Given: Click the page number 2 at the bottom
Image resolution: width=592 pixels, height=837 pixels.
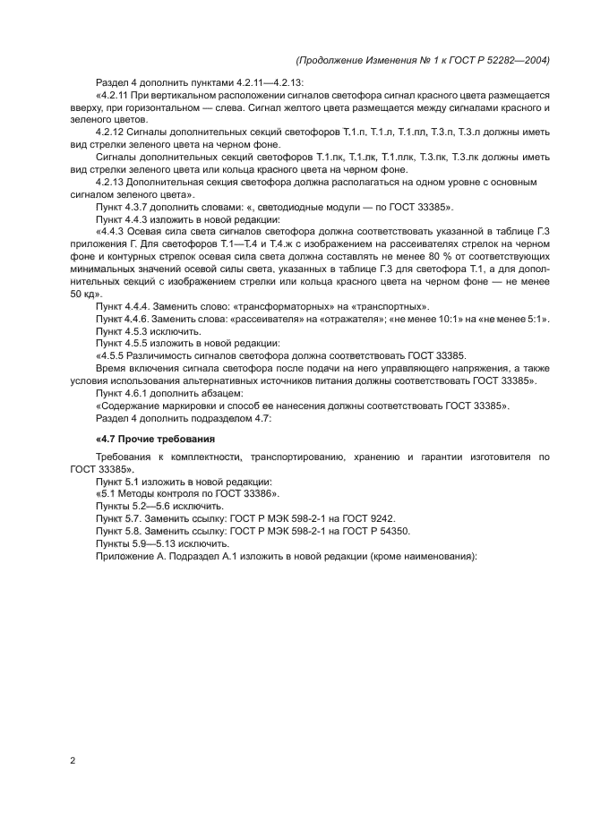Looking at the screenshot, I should (73, 761).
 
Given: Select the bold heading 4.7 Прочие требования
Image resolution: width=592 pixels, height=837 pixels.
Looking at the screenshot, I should (155, 439).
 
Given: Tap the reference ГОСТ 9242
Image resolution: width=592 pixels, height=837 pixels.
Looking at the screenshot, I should (368, 517).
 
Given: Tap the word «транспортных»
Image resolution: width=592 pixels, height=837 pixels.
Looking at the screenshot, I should (385, 305).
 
